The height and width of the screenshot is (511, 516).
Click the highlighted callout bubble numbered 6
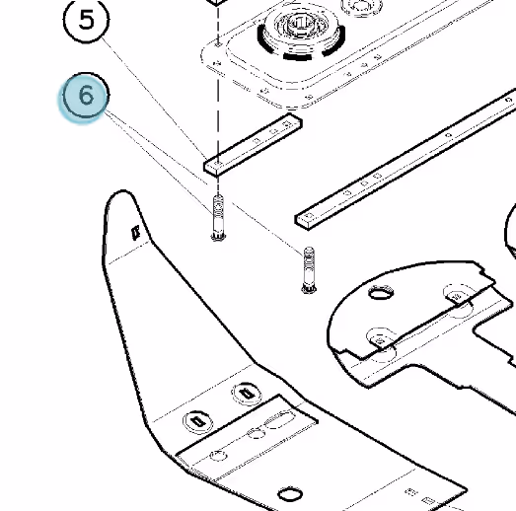[86, 96]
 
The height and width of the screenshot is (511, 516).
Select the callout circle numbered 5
[86, 20]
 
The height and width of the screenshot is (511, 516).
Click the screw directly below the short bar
[218, 218]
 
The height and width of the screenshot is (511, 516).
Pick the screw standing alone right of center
[309, 270]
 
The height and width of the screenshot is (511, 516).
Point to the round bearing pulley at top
[301, 33]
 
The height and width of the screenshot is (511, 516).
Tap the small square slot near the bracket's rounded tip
[135, 233]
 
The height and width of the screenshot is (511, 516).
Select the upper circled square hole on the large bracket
[247, 394]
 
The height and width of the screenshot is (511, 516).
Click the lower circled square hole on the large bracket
[197, 421]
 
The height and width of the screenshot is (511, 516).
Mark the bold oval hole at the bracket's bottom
[290, 494]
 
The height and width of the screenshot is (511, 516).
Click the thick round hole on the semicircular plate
[381, 293]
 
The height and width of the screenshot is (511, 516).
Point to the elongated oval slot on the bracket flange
[280, 420]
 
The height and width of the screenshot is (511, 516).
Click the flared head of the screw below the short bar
[218, 237]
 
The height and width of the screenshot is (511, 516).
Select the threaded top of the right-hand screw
[309, 257]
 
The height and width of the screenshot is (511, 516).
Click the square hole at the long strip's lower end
[309, 216]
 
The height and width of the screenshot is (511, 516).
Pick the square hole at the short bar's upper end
[287, 123]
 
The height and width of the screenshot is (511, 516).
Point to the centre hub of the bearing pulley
[301, 24]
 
